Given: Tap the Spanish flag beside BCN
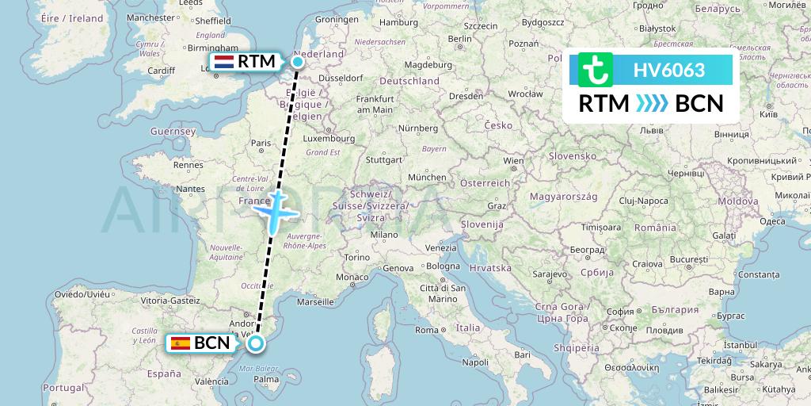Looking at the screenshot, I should (181, 343).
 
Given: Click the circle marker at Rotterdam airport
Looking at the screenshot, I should (298, 62).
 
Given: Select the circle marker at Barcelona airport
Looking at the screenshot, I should (256, 343).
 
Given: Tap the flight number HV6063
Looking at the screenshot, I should (668, 70).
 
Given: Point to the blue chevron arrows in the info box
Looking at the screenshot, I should (652, 103).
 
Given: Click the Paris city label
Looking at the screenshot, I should (261, 144).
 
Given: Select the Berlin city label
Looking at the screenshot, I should (459, 38).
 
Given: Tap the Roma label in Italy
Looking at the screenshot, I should (428, 329).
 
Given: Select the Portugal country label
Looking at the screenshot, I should (63, 387).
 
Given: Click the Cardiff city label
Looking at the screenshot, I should (161, 70).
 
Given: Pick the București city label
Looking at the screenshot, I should (687, 259).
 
